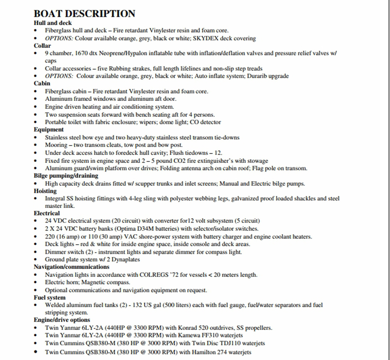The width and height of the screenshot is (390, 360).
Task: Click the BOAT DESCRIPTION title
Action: point(85,14)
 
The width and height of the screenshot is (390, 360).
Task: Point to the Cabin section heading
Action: point(42,84)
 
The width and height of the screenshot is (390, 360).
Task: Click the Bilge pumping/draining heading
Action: point(66,176)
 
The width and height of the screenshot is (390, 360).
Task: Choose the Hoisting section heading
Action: point(45,191)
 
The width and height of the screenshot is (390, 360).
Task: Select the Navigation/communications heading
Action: point(71,267)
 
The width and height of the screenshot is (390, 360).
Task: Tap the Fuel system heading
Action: point(50,298)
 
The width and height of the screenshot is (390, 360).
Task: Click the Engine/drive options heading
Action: point(62,320)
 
